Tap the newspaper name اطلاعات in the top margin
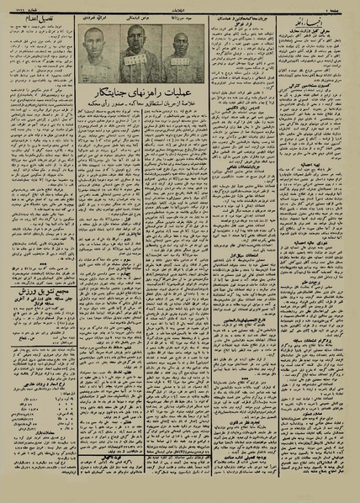179,6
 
